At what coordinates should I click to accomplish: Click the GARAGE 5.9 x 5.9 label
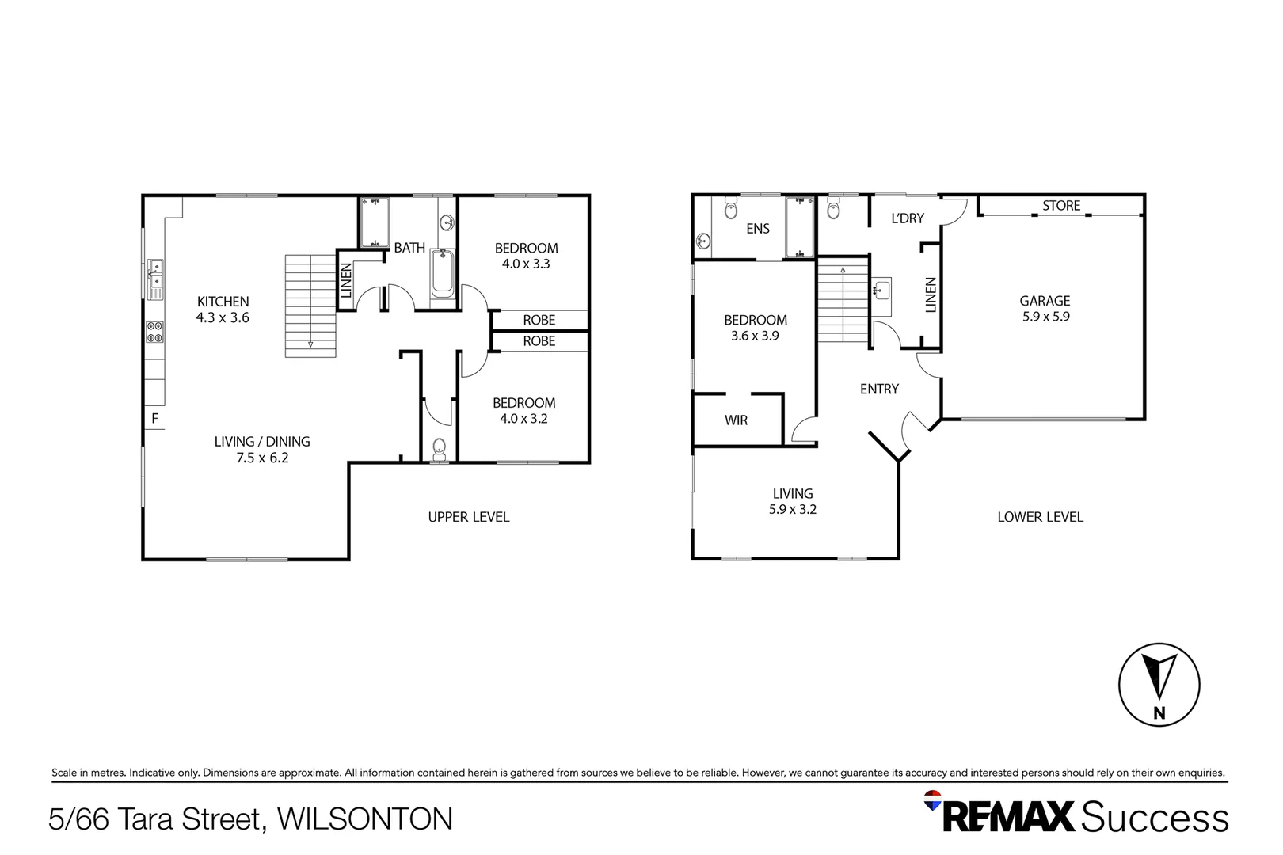[x=1045, y=308]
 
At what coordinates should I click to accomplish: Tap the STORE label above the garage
[x=1060, y=206]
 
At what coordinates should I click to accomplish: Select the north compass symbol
[x=1159, y=684]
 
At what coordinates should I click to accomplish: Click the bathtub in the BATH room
[x=443, y=274]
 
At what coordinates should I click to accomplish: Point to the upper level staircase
[x=310, y=306]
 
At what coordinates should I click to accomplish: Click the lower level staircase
[x=843, y=304]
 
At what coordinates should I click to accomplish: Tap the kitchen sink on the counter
[x=156, y=274]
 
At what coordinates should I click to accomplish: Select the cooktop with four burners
[x=155, y=332]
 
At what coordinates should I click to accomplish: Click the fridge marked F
[x=155, y=418]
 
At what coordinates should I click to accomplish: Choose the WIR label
[x=736, y=420]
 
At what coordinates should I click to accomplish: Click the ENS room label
[x=757, y=229]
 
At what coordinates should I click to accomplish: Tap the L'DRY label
[x=907, y=218]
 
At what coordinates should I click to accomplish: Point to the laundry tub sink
[x=881, y=290]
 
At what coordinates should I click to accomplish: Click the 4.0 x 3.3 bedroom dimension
[x=526, y=264]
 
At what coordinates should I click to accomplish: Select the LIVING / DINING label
[x=262, y=442]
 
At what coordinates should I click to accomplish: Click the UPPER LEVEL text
[x=469, y=517]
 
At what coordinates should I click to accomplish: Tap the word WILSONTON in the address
[x=365, y=819]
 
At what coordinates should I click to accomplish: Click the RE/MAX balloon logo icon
[x=933, y=800]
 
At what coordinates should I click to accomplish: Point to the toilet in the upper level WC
[x=440, y=449]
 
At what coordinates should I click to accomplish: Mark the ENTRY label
[x=879, y=389]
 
